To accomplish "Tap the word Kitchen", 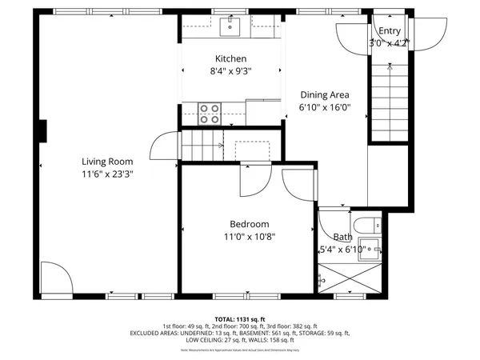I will click(x=230, y=58).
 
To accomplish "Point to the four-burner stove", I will click(x=210, y=114).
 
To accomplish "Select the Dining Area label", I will click(x=324, y=94).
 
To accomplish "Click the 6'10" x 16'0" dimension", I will click(x=324, y=106).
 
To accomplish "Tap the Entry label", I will click(x=390, y=31).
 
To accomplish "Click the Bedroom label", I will click(x=249, y=224).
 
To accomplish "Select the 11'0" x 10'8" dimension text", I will click(x=249, y=237).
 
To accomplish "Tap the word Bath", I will click(x=342, y=237).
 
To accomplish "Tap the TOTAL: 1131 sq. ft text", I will click(x=240, y=318).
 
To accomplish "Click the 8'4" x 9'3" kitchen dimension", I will click(x=230, y=71).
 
